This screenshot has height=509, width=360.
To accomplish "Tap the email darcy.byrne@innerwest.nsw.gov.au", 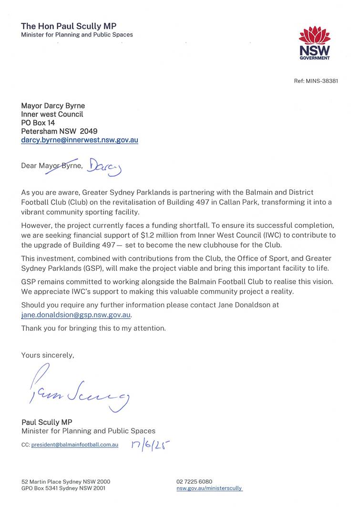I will (80, 141).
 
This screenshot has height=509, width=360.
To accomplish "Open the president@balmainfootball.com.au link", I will (74, 445).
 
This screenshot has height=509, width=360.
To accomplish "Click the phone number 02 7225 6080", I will (194, 481).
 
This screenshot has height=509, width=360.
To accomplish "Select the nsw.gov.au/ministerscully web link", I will (209, 489).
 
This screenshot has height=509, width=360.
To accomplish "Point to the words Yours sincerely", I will (48, 355).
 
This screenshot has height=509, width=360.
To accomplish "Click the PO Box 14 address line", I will (38, 123).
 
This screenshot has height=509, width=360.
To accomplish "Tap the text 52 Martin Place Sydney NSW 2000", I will (66, 481).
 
